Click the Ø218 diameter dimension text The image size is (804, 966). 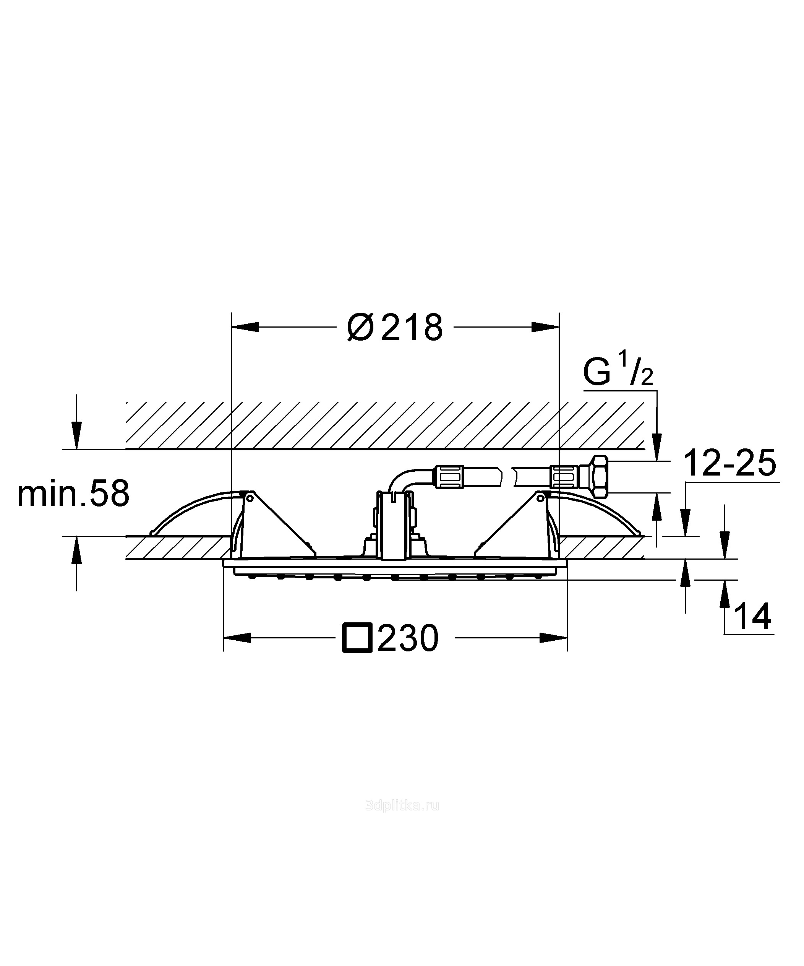tap(395, 327)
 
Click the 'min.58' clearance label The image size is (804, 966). tap(73, 494)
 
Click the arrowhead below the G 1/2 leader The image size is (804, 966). tap(658, 447)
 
